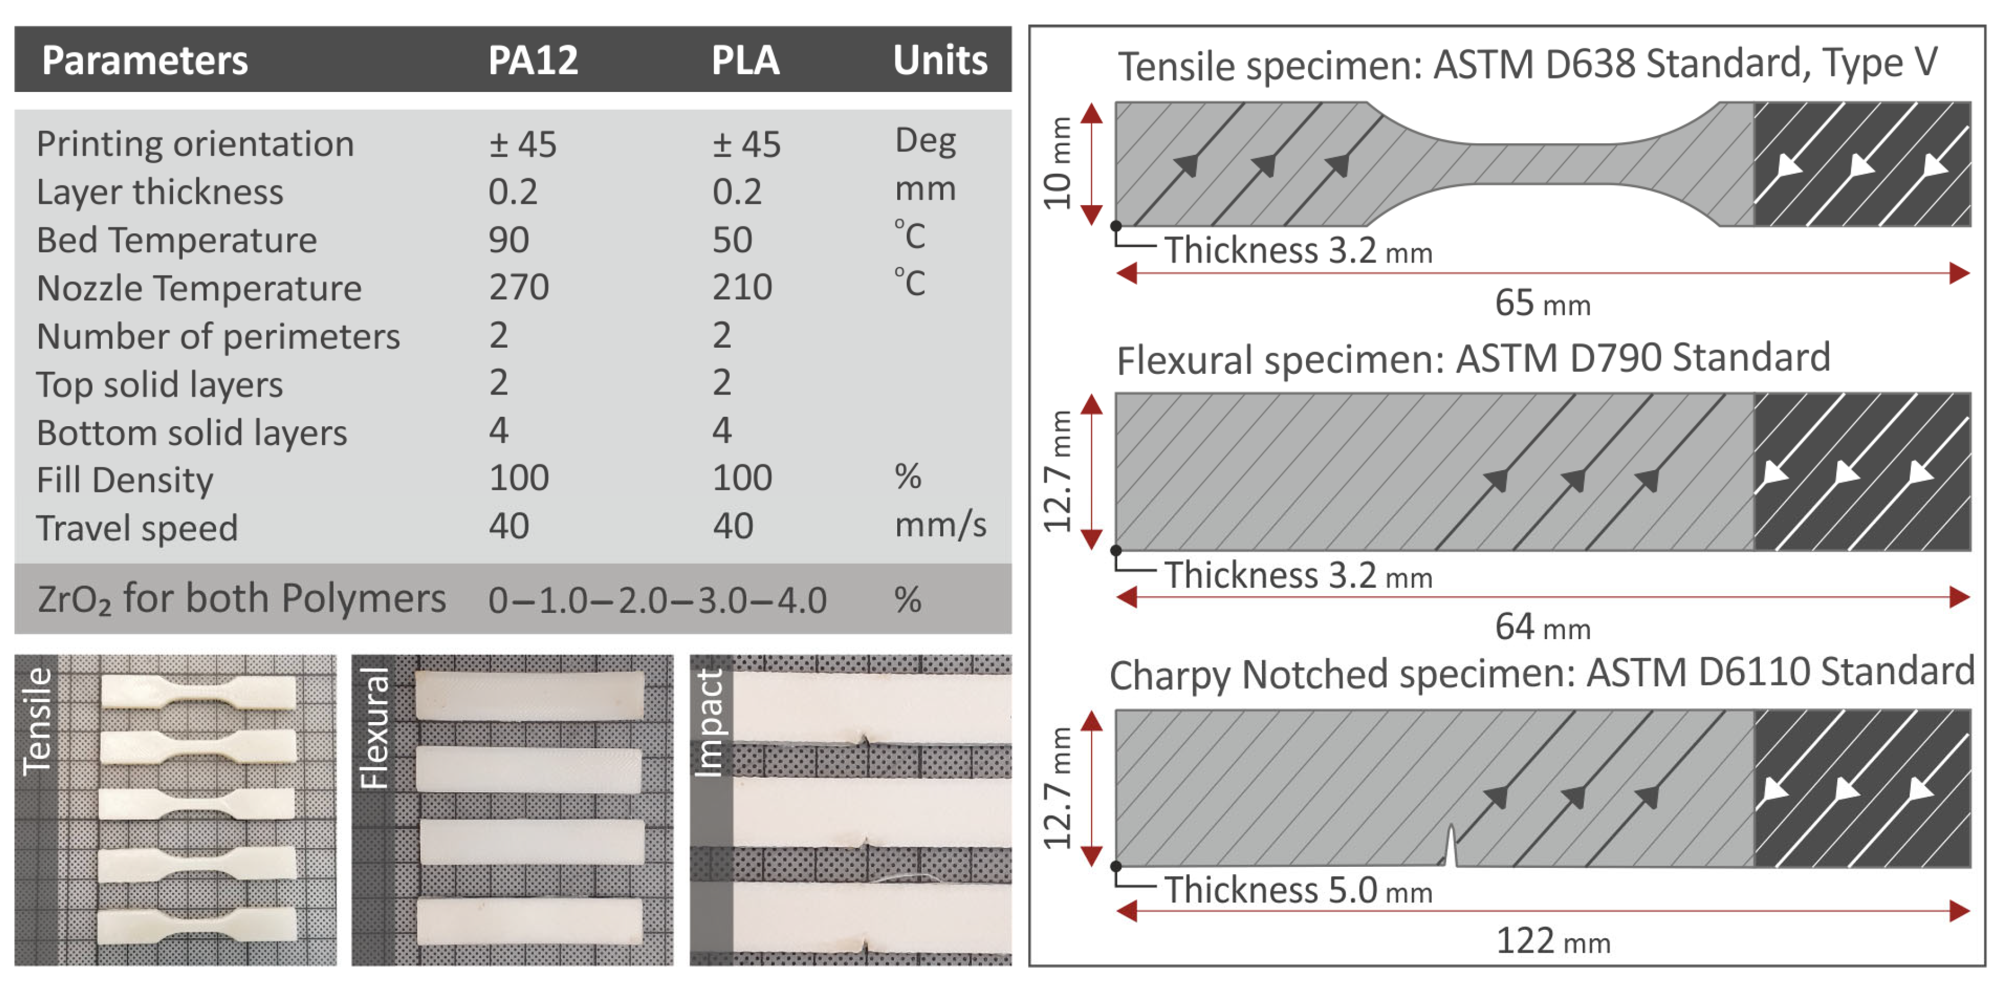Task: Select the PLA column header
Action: pyautogui.click(x=745, y=60)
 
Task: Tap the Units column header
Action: pyautogui.click(x=940, y=60)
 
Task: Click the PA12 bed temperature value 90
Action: pyautogui.click(x=508, y=240)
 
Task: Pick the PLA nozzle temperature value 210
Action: pyautogui.click(x=741, y=287)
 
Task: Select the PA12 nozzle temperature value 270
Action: pyautogui.click(x=518, y=287)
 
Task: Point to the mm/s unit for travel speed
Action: pyautogui.click(x=940, y=526)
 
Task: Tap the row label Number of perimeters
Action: pyautogui.click(x=218, y=336)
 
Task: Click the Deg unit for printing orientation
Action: pyautogui.click(x=925, y=142)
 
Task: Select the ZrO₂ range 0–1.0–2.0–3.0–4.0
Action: pyautogui.click(x=657, y=601)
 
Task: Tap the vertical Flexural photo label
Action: pyautogui.click(x=374, y=728)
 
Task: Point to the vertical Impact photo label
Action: pyautogui.click(x=708, y=724)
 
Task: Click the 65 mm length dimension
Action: pyautogui.click(x=1542, y=303)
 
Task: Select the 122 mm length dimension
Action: pyautogui.click(x=1553, y=942)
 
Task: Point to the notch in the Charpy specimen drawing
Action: pyautogui.click(x=1450, y=847)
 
